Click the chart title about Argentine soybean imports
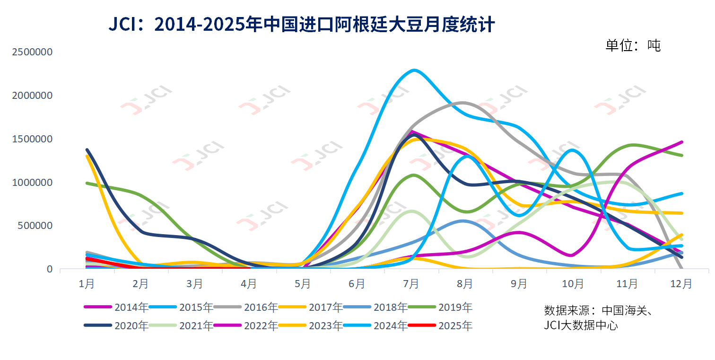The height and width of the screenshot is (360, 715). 302,24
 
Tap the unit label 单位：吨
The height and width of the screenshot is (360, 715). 632,45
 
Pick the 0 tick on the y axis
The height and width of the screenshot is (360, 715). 50,269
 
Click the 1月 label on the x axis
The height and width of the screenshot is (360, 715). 87,284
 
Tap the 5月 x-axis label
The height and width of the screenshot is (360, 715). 303,284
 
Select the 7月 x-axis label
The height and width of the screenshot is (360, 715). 411,284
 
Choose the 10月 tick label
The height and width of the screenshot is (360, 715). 573,284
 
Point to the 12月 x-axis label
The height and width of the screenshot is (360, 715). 681,284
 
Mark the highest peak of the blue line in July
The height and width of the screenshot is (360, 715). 414,70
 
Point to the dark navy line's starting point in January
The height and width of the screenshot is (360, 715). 87,150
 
